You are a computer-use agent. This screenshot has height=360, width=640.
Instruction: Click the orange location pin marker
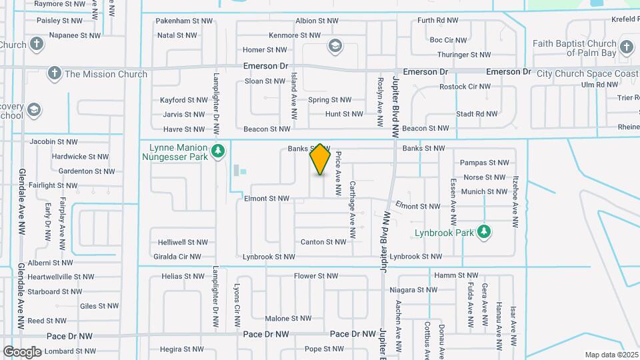(x=321, y=159)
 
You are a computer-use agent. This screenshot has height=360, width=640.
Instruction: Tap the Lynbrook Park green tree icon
(x=485, y=233)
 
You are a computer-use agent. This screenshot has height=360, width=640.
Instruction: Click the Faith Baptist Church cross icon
(x=625, y=47)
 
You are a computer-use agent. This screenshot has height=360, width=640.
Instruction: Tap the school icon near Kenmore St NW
(x=335, y=46)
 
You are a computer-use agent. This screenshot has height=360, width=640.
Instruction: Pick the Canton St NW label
(x=323, y=242)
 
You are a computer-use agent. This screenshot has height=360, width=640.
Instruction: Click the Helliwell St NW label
(x=183, y=242)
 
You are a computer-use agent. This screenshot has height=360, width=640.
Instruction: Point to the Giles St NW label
(x=99, y=306)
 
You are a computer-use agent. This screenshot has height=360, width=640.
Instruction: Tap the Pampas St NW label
(x=485, y=162)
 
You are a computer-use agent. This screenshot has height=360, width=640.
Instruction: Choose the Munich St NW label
(x=485, y=191)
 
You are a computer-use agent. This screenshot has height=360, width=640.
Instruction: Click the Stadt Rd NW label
(x=477, y=114)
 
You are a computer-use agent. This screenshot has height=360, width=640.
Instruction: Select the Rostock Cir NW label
(x=465, y=87)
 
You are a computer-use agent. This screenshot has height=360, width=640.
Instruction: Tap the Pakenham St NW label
(x=184, y=21)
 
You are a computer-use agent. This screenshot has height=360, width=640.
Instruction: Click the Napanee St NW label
(x=75, y=35)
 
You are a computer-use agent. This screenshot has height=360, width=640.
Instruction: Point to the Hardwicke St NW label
(x=80, y=157)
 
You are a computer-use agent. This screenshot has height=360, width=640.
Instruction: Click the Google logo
(x=22, y=351)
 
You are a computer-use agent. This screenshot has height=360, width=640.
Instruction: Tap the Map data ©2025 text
(x=611, y=355)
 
